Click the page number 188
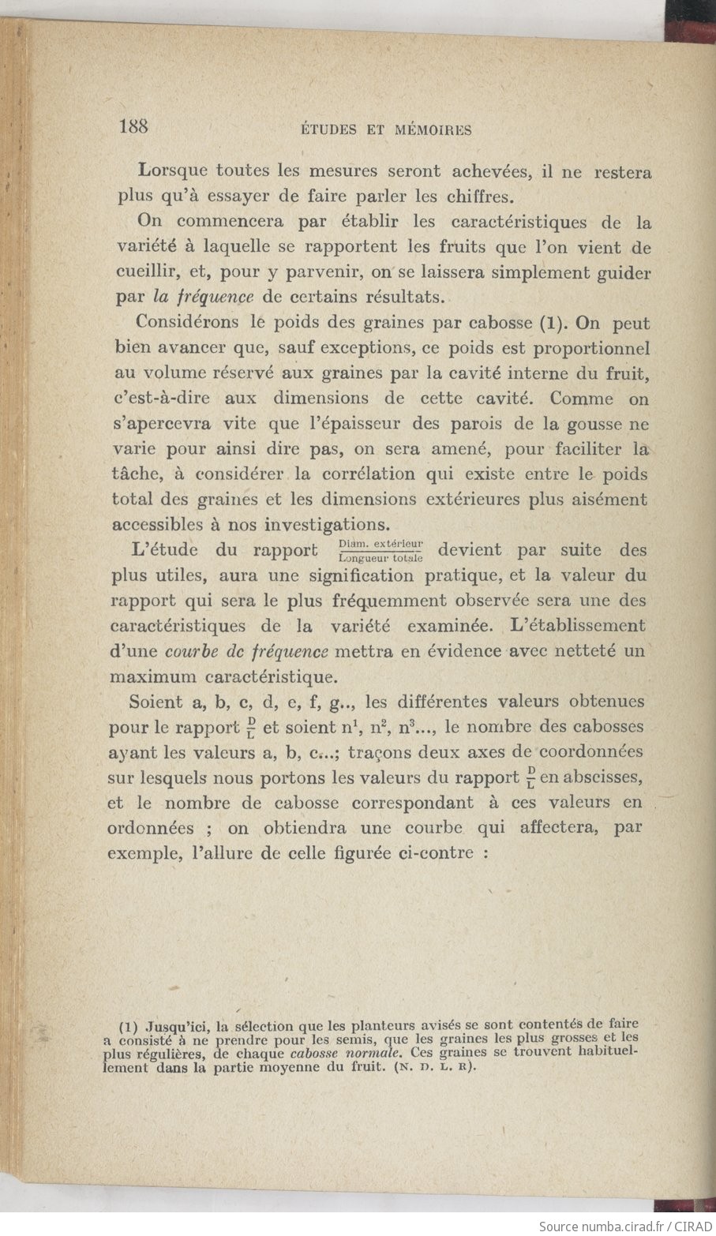pyautogui.click(x=133, y=126)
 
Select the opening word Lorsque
pyautogui.click(x=173, y=170)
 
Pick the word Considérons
pyautogui.click(x=185, y=322)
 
